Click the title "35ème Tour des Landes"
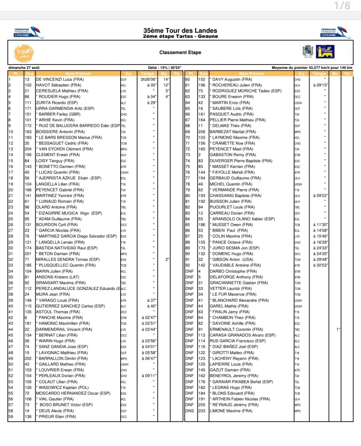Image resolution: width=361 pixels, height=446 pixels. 180,31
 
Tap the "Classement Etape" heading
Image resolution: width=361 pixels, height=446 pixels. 180,52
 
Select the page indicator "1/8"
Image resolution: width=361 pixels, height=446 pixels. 342,6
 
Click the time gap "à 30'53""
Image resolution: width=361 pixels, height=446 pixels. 320,265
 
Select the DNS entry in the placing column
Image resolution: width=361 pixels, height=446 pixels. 189,411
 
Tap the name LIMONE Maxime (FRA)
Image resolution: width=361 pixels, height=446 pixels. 231,411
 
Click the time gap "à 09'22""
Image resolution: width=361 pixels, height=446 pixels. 320,196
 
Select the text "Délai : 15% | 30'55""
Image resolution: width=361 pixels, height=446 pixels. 165,68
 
